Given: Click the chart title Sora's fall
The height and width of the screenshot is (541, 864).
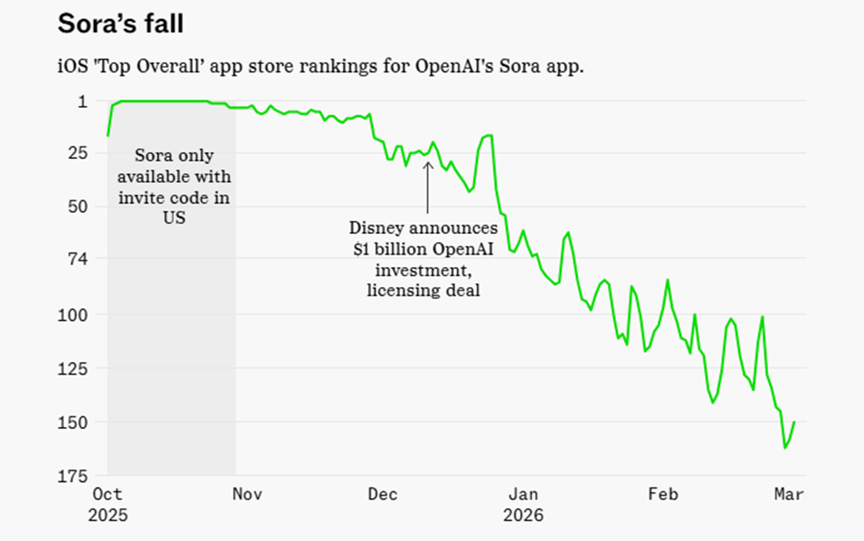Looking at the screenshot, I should [x=121, y=24].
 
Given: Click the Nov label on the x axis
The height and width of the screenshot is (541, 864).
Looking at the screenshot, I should [x=247, y=494].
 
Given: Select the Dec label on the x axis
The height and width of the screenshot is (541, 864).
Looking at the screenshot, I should [x=383, y=494].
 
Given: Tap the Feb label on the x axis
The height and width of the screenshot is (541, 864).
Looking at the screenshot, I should [x=663, y=494].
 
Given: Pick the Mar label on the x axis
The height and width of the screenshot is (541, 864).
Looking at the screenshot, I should [x=789, y=494].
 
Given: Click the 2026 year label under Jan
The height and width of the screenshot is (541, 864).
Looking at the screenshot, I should [x=523, y=516].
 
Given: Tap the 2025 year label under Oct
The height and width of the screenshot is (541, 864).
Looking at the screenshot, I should [x=107, y=516].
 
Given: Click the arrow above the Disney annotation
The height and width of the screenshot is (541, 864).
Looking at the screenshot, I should [x=428, y=187].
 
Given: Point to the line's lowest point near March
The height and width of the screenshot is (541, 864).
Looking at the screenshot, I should [x=785, y=448].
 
